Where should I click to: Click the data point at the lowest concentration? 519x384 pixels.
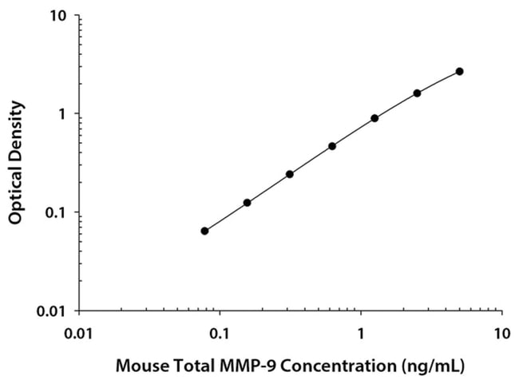(205, 231)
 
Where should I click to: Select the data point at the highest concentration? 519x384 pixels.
(459, 71)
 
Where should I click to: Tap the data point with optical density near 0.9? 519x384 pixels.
(374, 118)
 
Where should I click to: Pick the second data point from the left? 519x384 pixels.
(248, 203)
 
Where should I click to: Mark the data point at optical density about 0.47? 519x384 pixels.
(332, 146)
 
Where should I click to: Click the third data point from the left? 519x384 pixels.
(290, 174)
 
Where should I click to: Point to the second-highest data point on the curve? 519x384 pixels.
(417, 93)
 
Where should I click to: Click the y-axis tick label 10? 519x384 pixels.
(57, 16)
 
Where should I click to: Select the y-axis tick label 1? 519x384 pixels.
(61, 114)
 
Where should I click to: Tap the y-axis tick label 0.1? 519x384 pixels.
(54, 212)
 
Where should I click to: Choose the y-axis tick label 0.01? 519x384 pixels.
(50, 311)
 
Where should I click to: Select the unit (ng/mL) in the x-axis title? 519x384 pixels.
(434, 366)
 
